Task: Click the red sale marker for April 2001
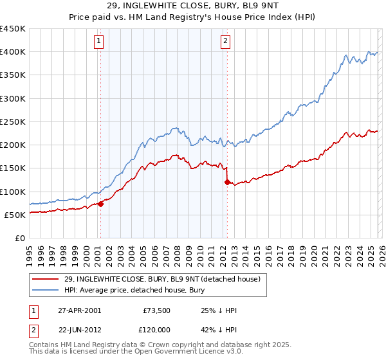(x=100, y=204)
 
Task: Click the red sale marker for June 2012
(x=226, y=183)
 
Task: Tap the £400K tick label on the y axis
(x=12, y=52)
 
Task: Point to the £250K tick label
(x=12, y=122)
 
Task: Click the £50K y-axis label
(x=15, y=215)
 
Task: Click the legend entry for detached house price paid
(x=161, y=279)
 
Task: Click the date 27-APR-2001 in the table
(x=78, y=310)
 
